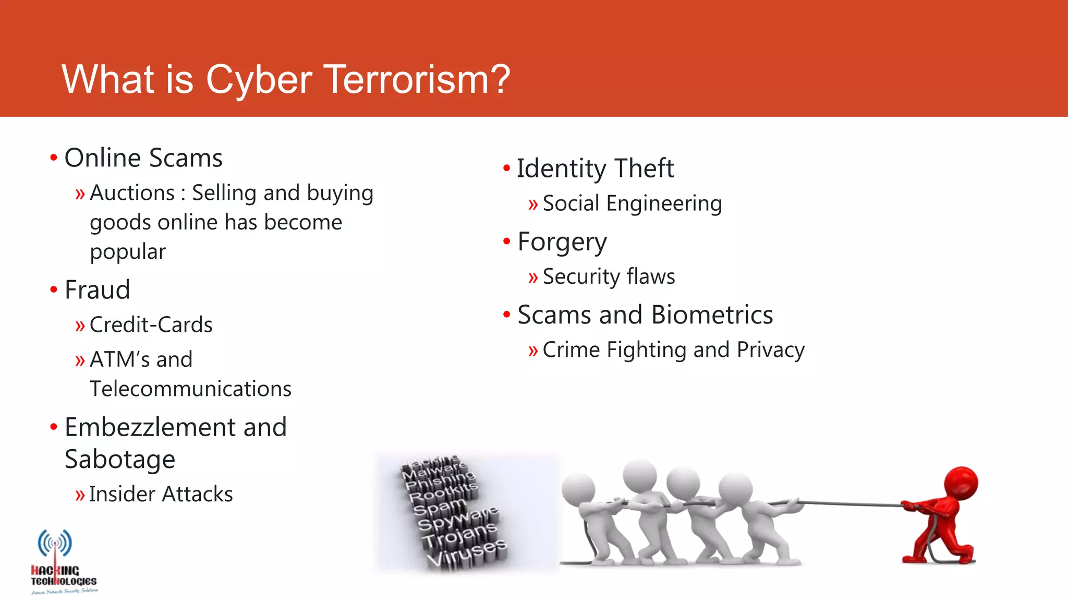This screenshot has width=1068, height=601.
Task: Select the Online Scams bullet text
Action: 143,158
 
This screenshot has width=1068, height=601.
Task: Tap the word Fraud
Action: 97,290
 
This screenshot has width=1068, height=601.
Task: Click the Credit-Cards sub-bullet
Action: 151,325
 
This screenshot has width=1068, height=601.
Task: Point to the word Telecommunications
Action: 190,389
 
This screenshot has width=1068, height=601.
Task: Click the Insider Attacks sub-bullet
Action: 161,494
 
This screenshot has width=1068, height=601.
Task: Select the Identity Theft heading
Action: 595,169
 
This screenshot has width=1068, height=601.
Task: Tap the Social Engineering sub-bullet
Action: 632,203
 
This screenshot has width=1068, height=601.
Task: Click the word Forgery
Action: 562,242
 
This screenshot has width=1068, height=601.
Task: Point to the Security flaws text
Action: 609,277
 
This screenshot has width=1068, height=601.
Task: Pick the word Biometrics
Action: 712,315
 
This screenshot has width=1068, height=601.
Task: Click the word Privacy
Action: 770,350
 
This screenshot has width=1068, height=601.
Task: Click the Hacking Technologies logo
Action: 63,561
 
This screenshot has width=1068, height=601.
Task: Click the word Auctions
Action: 132,193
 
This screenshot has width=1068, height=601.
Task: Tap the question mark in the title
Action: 500,79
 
